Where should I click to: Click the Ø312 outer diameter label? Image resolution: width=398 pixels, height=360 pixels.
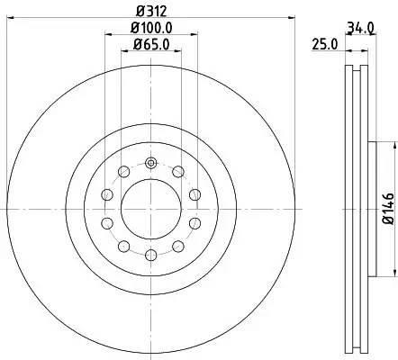click(150, 12)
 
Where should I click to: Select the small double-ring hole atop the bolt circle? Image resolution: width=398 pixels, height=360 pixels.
click(150, 164)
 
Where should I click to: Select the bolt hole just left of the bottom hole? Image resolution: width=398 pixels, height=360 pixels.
click(124, 246)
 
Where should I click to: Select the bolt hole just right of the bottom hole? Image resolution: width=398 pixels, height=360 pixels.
click(177, 246)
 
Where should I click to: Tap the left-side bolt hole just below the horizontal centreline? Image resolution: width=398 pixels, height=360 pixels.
click(107, 223)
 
